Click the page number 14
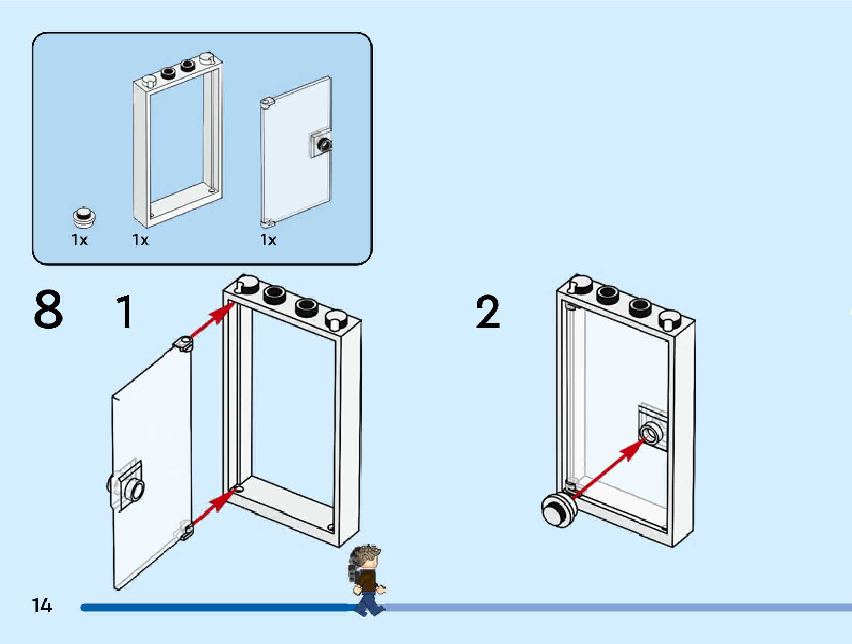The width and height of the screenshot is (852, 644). (42, 606)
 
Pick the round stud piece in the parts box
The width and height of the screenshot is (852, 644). (84, 216)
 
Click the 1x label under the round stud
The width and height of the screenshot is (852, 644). (80, 240)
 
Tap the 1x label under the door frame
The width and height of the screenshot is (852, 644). (141, 240)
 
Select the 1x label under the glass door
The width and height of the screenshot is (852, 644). (268, 240)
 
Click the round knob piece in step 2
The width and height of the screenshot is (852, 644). (559, 510)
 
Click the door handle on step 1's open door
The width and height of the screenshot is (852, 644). (131, 487)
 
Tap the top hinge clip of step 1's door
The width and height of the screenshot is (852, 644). (183, 343)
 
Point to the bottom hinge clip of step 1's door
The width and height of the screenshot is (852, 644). (187, 531)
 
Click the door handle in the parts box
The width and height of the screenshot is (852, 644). (322, 144)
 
